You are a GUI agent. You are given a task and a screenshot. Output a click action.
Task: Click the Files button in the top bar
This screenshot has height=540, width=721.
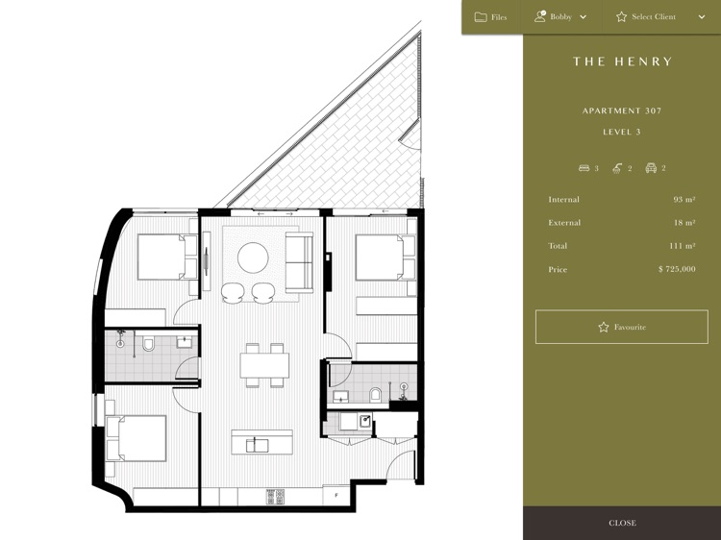490,17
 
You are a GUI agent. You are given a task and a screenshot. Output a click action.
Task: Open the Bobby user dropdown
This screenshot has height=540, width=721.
560,17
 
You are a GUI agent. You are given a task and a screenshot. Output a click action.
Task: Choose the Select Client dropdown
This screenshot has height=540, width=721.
660,17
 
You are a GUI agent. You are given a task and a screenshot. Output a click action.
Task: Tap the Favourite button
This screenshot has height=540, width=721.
622,327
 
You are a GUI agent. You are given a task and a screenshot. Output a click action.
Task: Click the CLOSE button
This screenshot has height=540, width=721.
622,523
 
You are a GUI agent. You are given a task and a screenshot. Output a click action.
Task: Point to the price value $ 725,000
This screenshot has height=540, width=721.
677,269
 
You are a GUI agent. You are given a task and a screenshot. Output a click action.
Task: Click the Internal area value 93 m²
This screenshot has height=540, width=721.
684,200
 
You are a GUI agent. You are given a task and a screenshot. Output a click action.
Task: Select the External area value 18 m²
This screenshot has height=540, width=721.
684,222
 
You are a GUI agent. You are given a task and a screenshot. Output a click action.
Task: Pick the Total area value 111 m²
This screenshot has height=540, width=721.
683,246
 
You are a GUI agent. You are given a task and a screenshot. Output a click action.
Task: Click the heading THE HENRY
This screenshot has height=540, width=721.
623,61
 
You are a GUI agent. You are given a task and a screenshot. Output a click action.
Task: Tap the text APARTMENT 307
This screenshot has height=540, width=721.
622,110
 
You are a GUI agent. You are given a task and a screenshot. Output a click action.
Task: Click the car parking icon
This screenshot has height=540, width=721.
651,168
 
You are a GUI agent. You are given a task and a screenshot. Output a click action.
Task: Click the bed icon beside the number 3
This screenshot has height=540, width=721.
584,168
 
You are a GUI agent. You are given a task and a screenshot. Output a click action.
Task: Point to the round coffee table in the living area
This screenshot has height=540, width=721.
253,258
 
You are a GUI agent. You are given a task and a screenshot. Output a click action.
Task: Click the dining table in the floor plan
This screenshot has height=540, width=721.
264,365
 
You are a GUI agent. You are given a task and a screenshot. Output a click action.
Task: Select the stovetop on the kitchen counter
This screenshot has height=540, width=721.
275,497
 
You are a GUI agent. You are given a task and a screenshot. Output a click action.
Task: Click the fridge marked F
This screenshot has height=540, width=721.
337,495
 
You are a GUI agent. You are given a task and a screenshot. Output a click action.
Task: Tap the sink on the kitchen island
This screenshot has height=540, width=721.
255,445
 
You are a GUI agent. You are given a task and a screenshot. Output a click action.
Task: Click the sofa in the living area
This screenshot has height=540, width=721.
299,262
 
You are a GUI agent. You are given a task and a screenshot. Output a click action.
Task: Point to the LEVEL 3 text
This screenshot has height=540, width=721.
622,132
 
